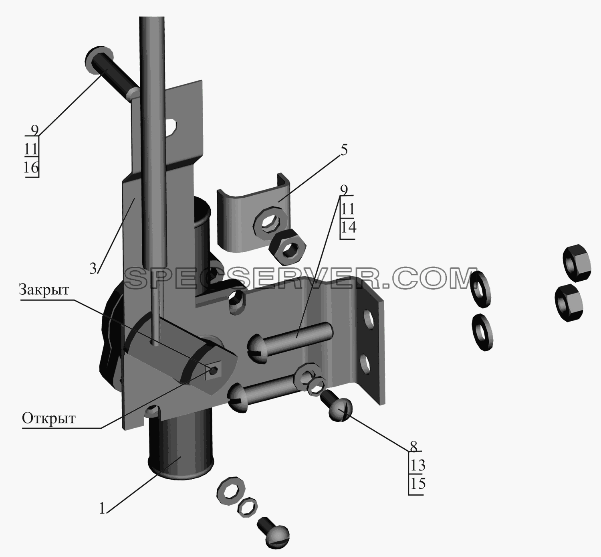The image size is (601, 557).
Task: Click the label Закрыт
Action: tap(44, 290)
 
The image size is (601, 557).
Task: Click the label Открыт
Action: tap(49, 419)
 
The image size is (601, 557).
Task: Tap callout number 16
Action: tap(31, 168)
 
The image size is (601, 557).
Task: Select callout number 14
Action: tap(348, 227)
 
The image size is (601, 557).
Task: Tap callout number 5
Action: tap(344, 150)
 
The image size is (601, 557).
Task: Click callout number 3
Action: tap(93, 269)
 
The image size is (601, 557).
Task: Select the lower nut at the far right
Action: tap(569, 303)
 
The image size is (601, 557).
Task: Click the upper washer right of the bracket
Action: tap(481, 290)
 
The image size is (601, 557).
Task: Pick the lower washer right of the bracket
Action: tap(482, 332)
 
